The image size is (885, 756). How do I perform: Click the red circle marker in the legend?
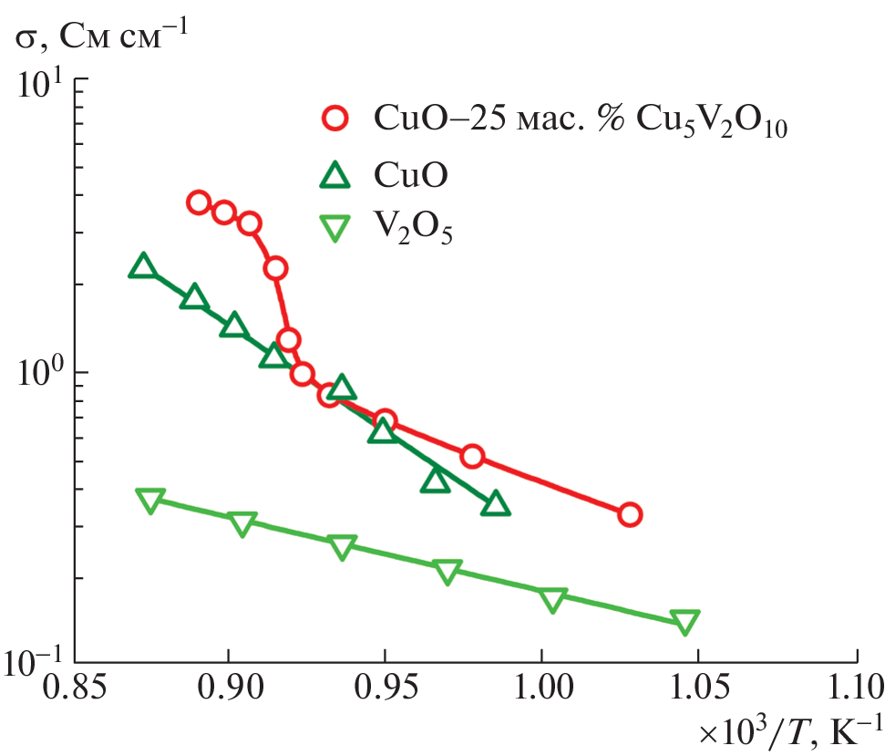[x=336, y=118]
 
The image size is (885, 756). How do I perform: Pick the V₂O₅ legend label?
[x=414, y=231]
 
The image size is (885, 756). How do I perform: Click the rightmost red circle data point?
[x=629, y=514]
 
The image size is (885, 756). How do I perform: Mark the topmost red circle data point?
[x=199, y=202]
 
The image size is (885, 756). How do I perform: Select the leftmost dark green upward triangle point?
[x=143, y=266]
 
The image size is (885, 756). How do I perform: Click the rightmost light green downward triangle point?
[x=684, y=622]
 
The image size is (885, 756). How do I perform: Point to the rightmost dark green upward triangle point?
[x=495, y=504]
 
